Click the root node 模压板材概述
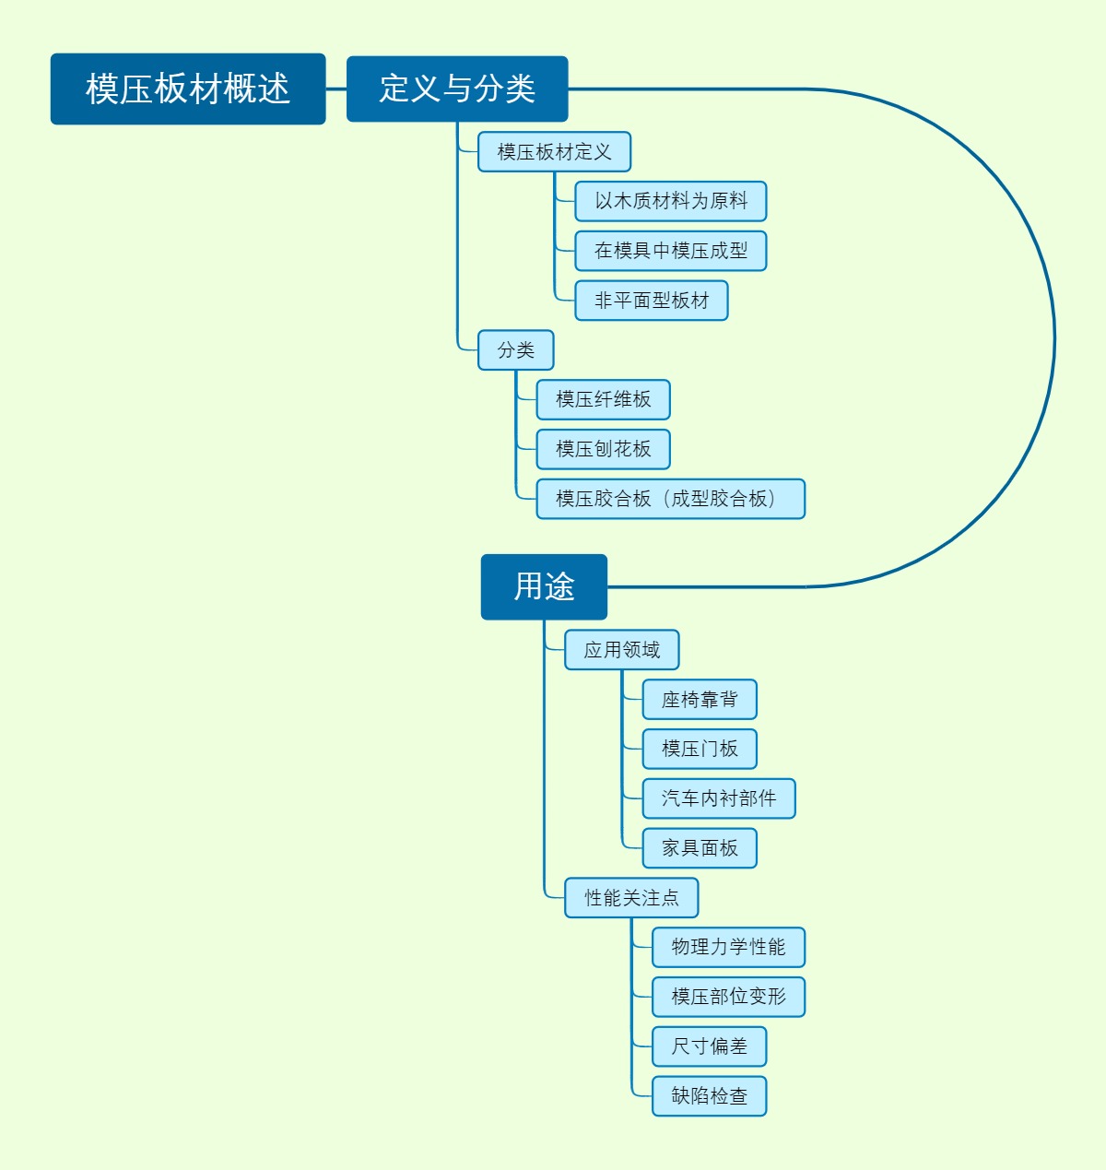pos(188,89)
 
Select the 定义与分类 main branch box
pos(457,89)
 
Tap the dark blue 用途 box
pos(544,586)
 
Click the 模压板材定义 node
pos(554,152)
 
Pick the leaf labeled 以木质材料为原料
pos(670,201)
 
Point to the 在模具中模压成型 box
pos(670,251)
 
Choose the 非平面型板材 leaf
pos(652,301)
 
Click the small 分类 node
pos(515,350)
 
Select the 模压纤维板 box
pos(603,399)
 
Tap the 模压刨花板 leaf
pos(603,449)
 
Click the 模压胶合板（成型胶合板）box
pos(670,499)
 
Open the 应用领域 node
pos(621,650)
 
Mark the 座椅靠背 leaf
pos(700,700)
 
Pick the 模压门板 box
pos(700,749)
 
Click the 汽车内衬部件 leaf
pos(718,798)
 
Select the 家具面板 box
pos(700,848)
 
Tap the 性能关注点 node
pos(631,898)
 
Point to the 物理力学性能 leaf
pos(728,947)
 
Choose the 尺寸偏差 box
pos(709,1046)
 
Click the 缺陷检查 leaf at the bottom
pos(709,1096)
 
